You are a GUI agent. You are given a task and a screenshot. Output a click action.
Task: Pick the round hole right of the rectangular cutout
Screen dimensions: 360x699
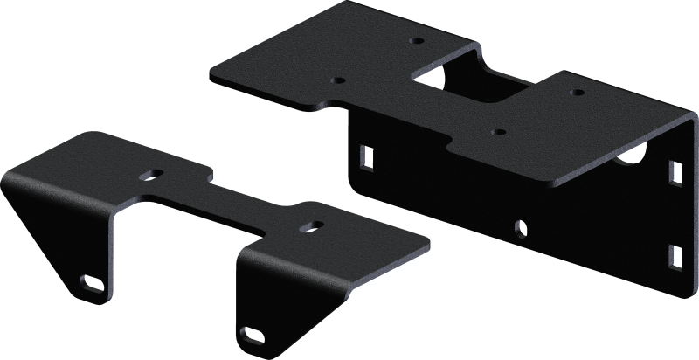coord(576,91)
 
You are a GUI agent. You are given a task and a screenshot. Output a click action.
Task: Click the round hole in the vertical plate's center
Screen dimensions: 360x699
coord(521,229)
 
